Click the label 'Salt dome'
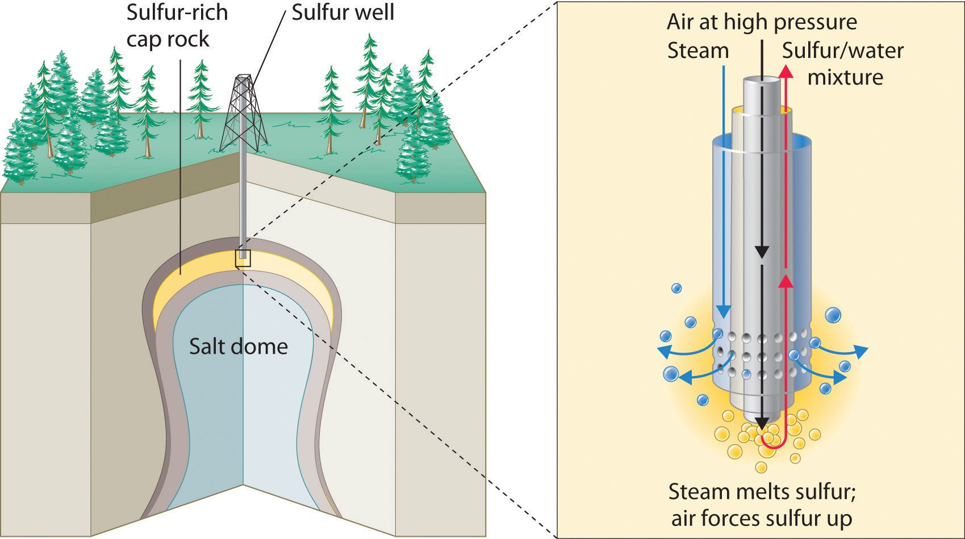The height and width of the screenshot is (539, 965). (x=238, y=346)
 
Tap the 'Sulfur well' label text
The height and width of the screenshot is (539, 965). (x=342, y=12)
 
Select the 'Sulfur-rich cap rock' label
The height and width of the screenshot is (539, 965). (x=177, y=26)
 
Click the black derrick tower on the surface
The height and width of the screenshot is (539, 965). (x=244, y=114)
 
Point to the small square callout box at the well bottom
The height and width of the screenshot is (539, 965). (x=243, y=258)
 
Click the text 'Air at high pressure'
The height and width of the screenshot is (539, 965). (x=762, y=22)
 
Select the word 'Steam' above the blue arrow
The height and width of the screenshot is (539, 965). (x=697, y=51)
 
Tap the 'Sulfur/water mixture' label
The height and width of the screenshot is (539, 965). (x=843, y=64)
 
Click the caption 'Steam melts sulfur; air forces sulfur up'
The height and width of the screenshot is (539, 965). (x=762, y=505)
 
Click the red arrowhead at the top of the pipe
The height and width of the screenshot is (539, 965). (x=786, y=70)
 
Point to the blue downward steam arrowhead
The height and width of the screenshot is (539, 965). (x=723, y=311)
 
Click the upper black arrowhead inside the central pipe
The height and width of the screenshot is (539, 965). (x=762, y=252)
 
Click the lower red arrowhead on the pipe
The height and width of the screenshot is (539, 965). (x=786, y=281)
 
